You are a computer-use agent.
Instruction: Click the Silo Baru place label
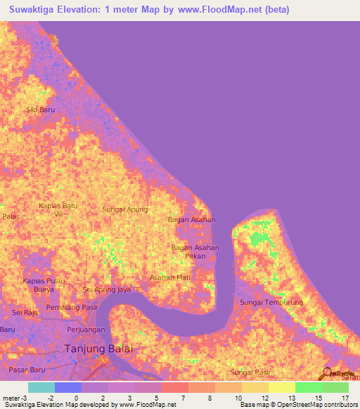tap(40, 110)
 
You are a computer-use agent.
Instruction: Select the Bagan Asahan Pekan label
tap(195, 252)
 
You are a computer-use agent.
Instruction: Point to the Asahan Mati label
tap(169, 277)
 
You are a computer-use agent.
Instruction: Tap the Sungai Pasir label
tap(250, 372)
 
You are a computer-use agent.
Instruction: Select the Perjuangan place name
tap(86, 329)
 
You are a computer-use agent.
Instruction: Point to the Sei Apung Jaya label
tap(108, 290)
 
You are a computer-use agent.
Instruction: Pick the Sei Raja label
tap(25, 311)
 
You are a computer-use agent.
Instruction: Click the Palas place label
tap(10, 216)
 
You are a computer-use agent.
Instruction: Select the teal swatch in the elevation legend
tap(41, 387)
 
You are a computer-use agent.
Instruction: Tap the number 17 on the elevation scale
tap(345, 398)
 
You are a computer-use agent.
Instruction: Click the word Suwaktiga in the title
tap(39, 10)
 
